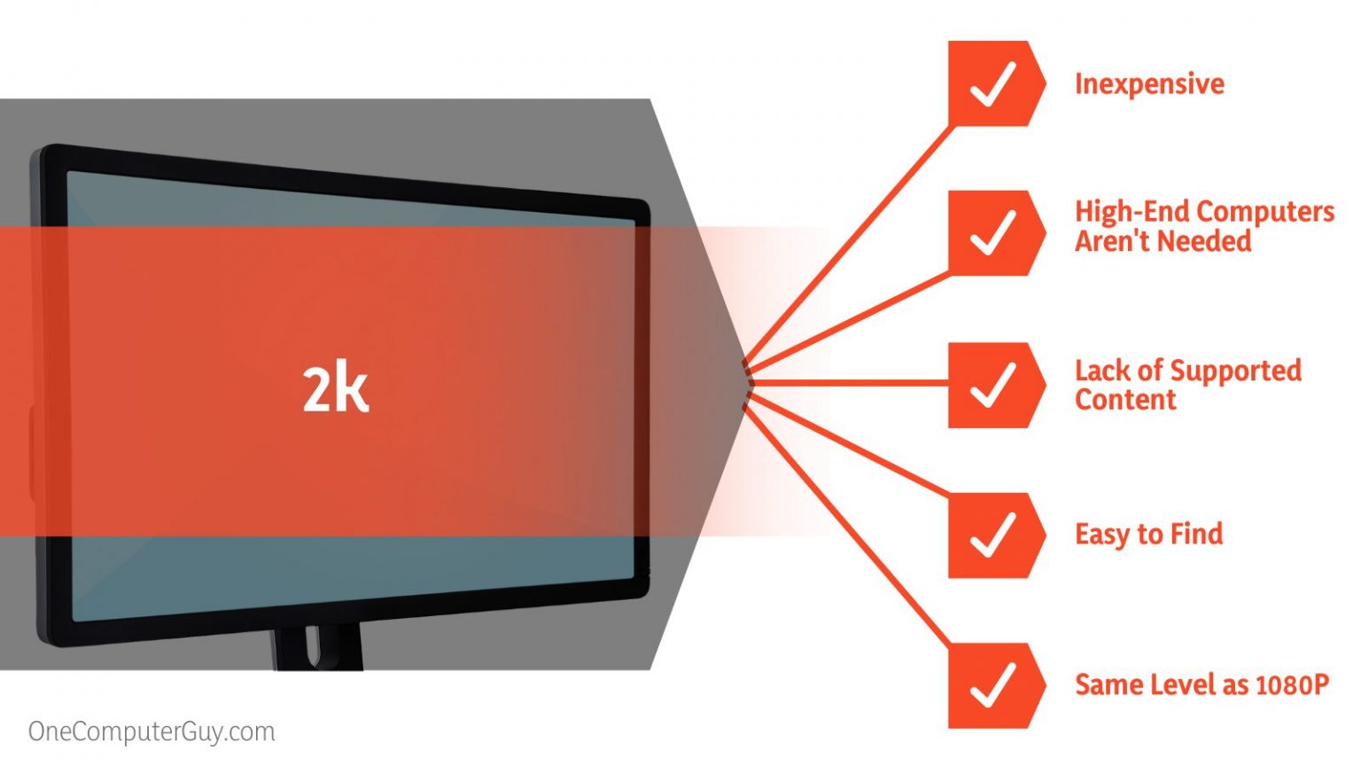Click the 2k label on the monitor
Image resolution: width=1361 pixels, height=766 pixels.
click(x=335, y=389)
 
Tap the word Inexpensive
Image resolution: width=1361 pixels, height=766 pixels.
click(x=1149, y=84)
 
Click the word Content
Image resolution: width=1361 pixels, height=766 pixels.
click(x=1125, y=400)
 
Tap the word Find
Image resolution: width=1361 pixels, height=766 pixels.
click(x=1196, y=534)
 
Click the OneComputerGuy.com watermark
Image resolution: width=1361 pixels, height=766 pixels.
click(x=152, y=731)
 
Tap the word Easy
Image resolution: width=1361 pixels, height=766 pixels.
click(x=1102, y=535)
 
